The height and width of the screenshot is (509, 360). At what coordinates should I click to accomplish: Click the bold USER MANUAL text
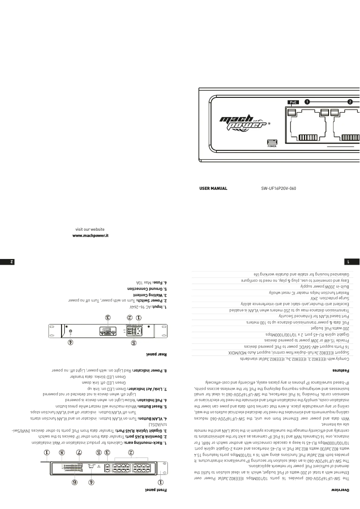click(213, 189)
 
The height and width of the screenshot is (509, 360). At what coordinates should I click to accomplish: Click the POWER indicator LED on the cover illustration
click(272, 141)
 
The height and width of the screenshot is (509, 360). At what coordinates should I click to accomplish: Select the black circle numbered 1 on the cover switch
click(307, 101)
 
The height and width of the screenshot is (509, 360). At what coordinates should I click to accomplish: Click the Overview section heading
click(347, 501)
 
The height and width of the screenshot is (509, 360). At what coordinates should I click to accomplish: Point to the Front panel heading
click(160, 501)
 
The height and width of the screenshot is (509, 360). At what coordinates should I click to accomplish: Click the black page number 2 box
click(5, 260)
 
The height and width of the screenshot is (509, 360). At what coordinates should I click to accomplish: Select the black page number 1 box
click(354, 260)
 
